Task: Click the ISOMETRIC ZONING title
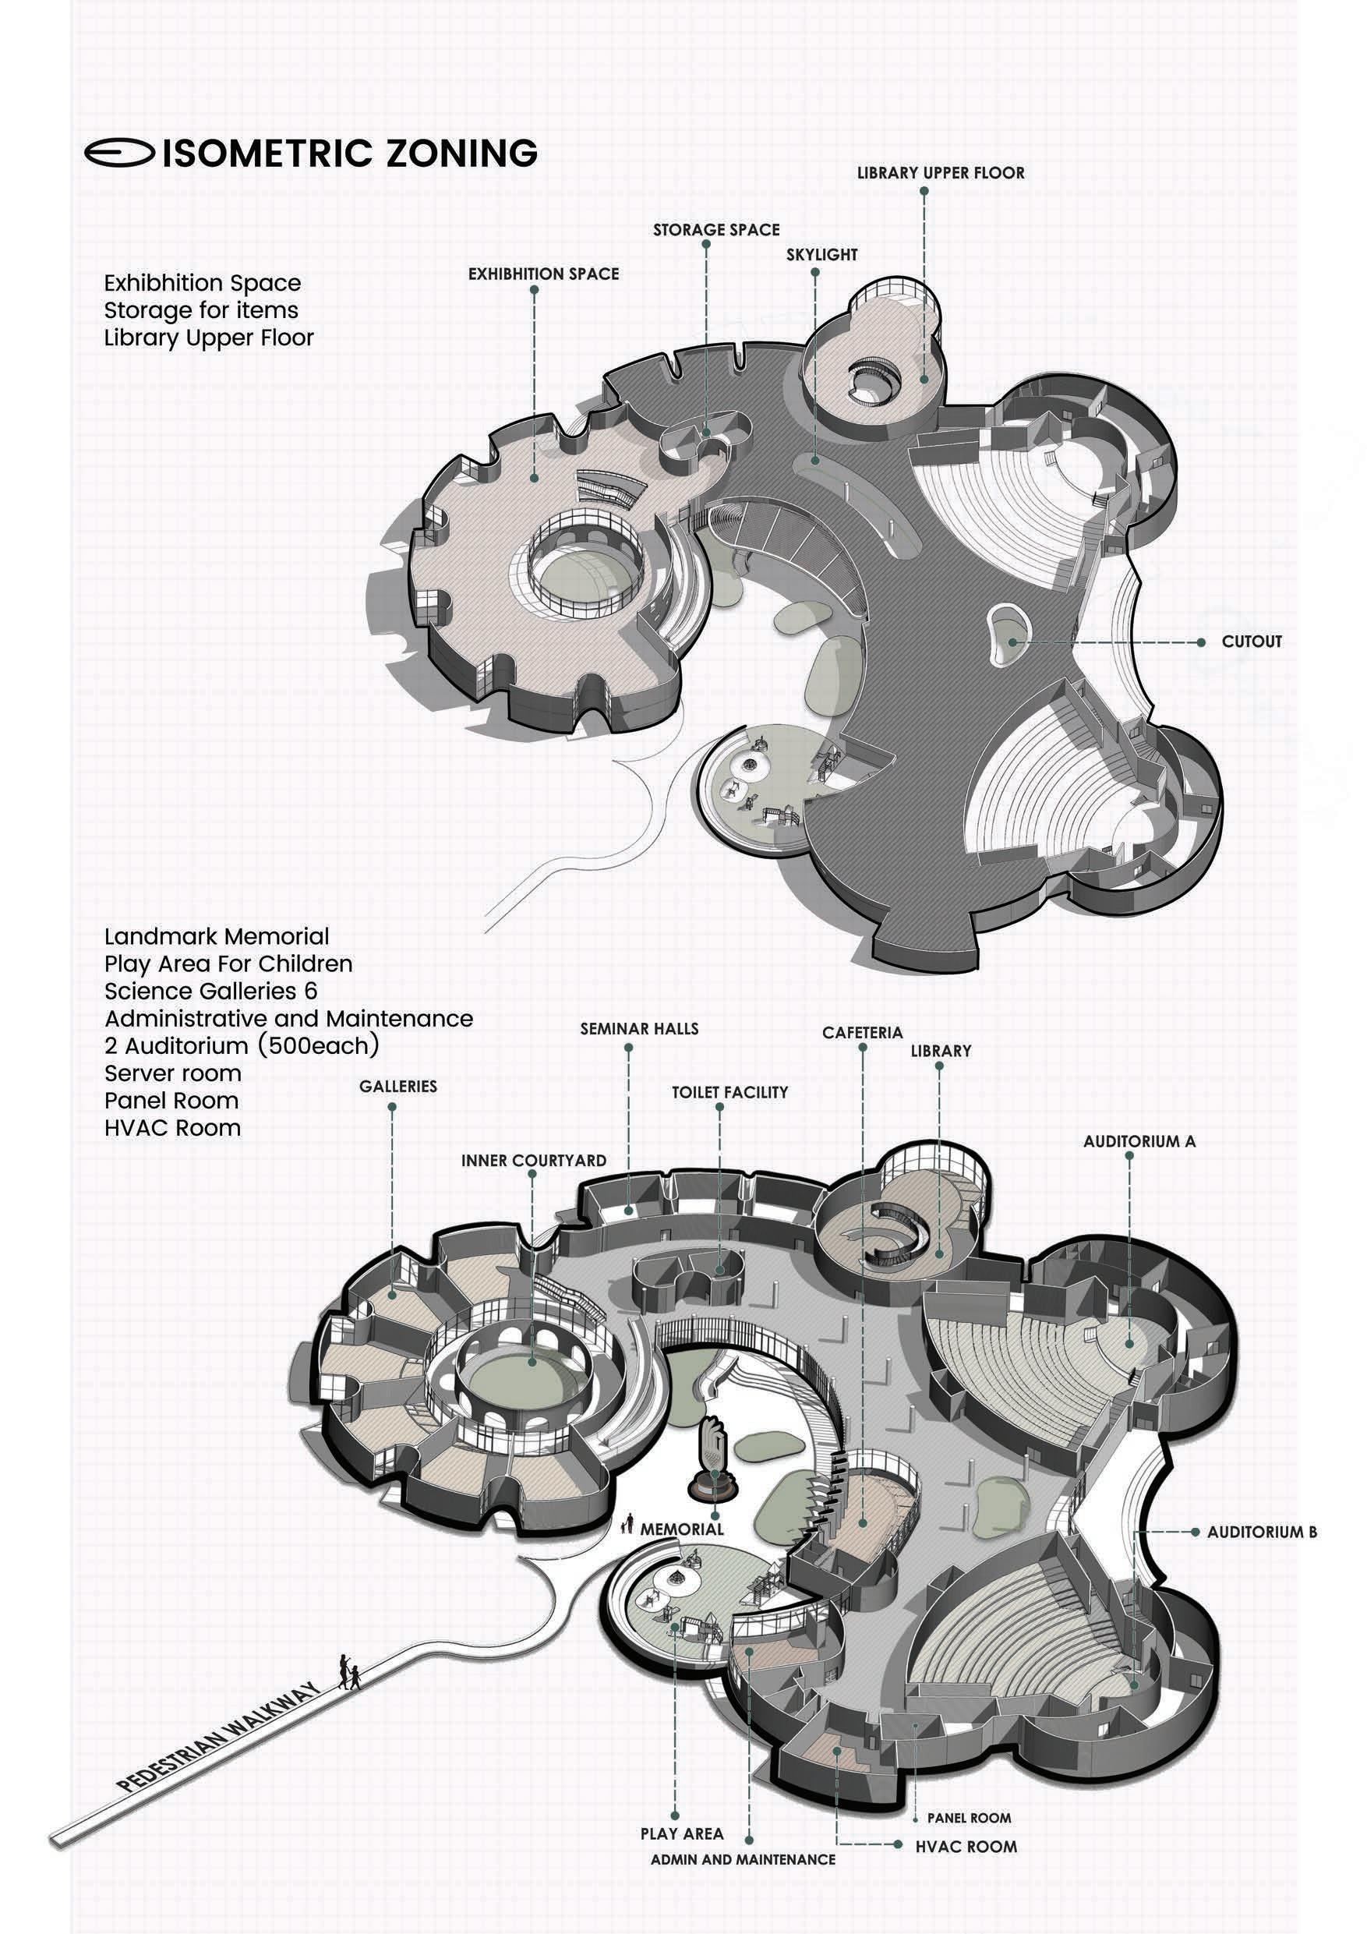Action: [349, 154]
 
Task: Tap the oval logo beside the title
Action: [118, 153]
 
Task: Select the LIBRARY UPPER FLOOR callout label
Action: [940, 173]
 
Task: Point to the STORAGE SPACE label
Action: [716, 230]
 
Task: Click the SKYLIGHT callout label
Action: [821, 254]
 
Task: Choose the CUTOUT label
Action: [1252, 641]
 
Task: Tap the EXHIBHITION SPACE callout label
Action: [543, 274]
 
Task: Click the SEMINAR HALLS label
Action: [638, 1028]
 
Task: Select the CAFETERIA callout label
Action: [862, 1033]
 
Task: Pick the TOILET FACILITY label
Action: [729, 1091]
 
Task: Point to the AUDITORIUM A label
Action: [1139, 1141]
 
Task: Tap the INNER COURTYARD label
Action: [533, 1160]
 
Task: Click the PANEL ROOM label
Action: [969, 1818]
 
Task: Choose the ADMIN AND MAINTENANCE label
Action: [742, 1883]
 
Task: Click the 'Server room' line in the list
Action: [173, 1073]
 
